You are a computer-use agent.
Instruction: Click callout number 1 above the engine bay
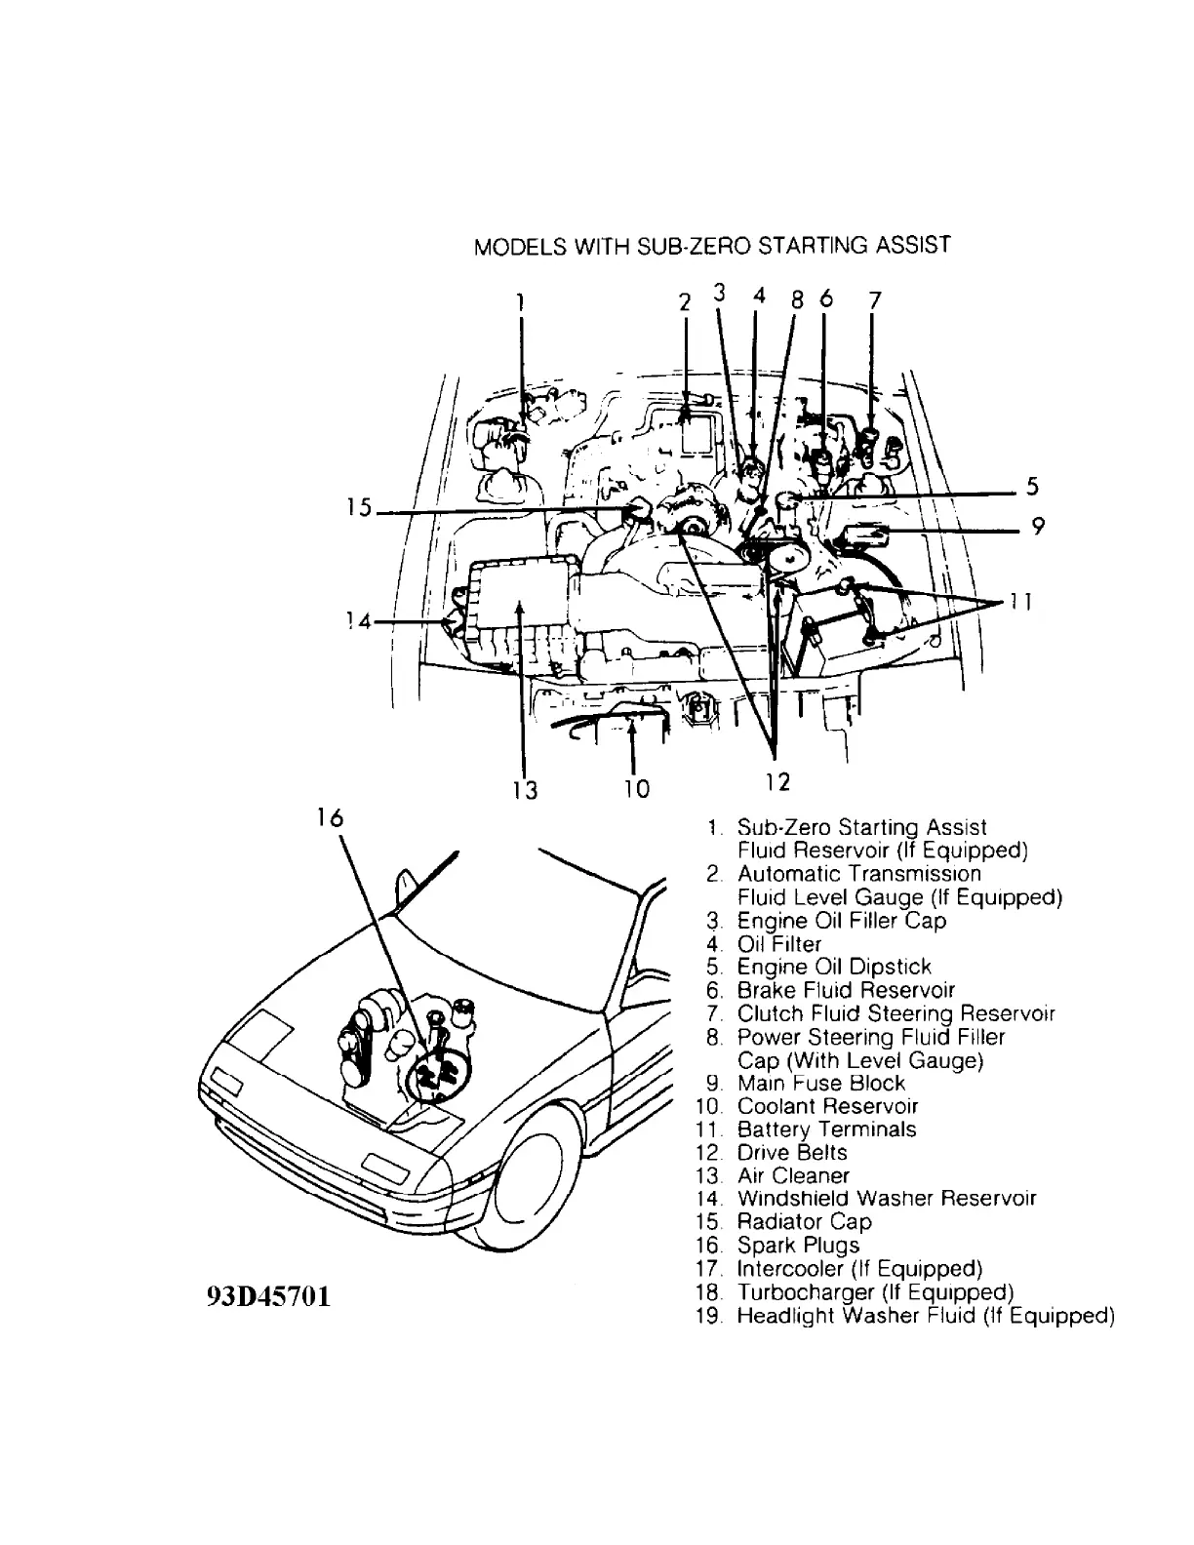[x=522, y=300]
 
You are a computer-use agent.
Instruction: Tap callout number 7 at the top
[x=875, y=299]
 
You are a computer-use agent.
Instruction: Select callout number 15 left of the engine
[x=359, y=507]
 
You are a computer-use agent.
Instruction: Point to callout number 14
[x=359, y=620]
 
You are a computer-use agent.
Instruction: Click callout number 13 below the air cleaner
[x=525, y=788]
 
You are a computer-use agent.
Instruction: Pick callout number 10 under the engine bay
[x=636, y=788]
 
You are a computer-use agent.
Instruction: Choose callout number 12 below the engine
[x=776, y=781]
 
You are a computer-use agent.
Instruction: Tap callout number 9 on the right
[x=1038, y=528]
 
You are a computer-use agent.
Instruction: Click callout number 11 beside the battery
[x=1019, y=602]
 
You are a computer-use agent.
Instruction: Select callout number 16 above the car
[x=331, y=817]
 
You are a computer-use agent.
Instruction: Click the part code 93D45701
[x=268, y=1298]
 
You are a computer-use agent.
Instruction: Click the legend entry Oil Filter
[x=778, y=944]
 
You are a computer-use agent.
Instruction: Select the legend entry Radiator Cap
[x=804, y=1222]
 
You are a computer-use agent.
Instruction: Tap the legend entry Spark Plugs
[x=798, y=1246]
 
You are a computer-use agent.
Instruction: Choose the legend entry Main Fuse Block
[x=820, y=1083]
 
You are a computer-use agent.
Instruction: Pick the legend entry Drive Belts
[x=792, y=1153]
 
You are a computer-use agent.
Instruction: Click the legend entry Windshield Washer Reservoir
[x=886, y=1199]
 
